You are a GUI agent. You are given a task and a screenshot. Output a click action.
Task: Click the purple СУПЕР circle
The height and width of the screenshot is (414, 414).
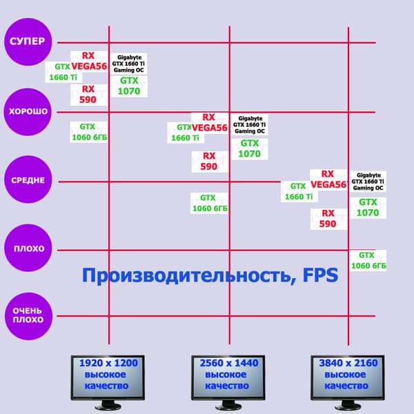point(28,41)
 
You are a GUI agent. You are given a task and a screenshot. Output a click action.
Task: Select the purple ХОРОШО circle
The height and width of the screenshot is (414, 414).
point(28,112)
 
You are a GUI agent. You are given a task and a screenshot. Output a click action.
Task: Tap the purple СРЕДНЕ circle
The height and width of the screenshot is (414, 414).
point(28,179)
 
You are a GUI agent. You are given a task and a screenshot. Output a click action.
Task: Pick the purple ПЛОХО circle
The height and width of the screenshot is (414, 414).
point(28,248)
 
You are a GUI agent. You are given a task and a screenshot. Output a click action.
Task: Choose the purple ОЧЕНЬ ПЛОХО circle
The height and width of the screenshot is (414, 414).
point(28,316)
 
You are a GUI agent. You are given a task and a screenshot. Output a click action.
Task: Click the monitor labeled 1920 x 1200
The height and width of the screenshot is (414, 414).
point(108,382)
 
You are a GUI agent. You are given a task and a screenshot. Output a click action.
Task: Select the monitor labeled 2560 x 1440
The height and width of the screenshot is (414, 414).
point(228,382)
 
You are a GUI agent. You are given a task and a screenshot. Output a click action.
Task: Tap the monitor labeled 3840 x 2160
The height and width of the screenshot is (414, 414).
point(348,382)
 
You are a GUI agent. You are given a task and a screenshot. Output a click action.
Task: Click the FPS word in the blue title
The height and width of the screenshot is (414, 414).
point(320,275)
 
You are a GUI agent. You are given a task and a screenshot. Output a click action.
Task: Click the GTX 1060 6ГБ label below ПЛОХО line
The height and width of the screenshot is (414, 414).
point(368,261)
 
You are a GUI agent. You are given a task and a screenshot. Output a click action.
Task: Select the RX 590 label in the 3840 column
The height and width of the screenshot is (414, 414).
point(328,219)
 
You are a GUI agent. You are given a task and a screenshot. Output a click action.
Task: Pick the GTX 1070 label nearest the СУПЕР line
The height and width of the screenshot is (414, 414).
point(129,86)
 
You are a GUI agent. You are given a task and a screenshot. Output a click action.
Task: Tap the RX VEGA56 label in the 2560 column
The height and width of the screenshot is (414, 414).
point(210,123)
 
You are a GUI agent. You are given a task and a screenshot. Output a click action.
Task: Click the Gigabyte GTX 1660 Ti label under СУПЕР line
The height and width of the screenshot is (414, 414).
point(128,63)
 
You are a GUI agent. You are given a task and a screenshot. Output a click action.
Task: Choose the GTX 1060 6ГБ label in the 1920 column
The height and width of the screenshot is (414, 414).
point(89,132)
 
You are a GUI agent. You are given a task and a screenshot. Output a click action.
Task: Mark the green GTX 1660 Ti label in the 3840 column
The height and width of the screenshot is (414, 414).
point(299,191)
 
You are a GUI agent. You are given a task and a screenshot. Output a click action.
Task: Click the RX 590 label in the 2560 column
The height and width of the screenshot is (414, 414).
point(210,161)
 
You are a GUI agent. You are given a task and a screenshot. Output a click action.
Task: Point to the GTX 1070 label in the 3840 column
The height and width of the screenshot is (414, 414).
point(368,208)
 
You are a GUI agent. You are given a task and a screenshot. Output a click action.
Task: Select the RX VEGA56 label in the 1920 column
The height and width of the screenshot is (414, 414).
point(89,61)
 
